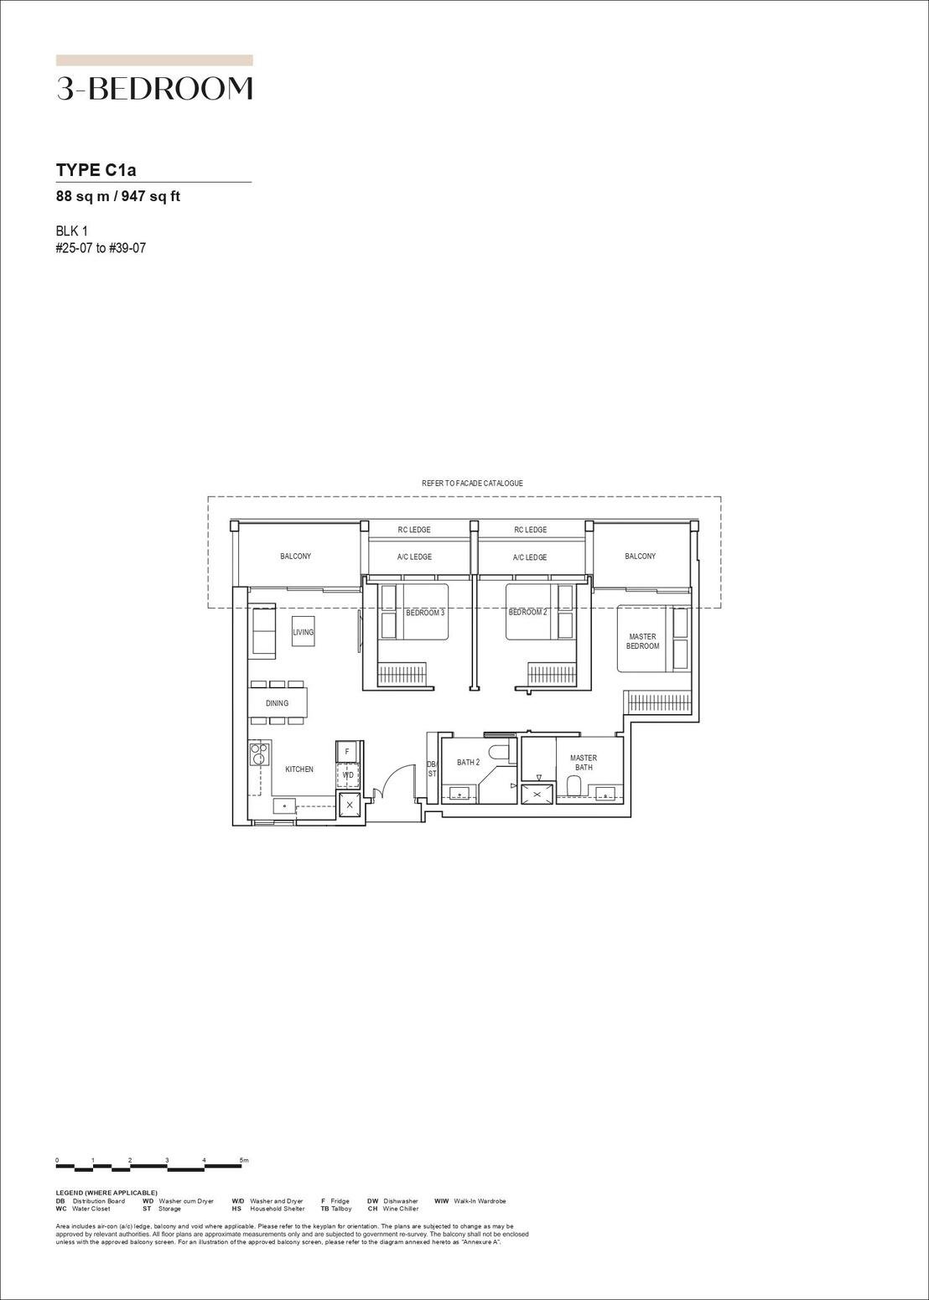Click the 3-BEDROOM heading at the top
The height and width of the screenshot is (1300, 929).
154,89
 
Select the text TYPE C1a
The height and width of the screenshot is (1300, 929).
96,170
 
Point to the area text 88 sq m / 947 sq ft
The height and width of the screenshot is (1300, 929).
117,197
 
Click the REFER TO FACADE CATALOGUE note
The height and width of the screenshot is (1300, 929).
472,484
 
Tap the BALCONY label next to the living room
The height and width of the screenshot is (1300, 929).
295,557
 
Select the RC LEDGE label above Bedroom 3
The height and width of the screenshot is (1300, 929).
414,530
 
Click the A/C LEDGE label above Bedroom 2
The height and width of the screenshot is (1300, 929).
530,557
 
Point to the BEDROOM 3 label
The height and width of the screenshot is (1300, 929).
425,613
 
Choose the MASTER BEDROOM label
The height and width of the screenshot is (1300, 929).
642,641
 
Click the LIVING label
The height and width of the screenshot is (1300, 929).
303,632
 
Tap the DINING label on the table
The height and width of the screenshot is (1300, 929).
277,703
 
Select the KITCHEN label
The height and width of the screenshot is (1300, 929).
299,769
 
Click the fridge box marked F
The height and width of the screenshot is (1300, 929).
347,752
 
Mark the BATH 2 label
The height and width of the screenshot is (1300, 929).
468,763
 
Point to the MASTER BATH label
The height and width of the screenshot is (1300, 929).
584,763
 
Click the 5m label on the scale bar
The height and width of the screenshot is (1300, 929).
244,1161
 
